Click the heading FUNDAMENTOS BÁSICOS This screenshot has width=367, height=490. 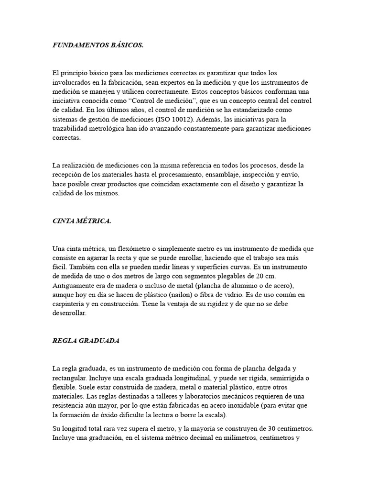[x=98, y=45]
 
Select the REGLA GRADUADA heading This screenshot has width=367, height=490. [x=86, y=341]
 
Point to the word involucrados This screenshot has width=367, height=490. [x=73, y=82]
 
